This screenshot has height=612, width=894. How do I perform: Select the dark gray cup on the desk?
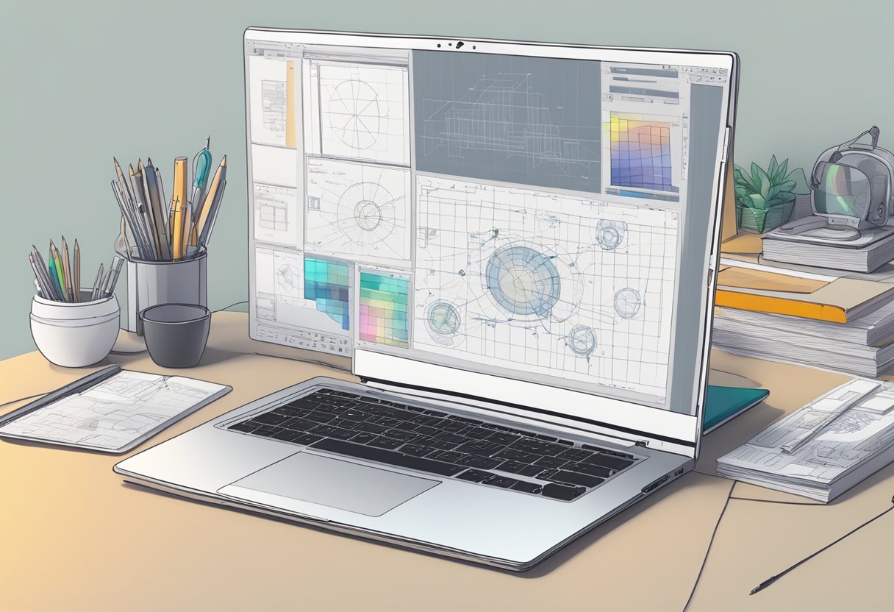175,334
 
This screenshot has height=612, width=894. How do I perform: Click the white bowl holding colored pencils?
74,328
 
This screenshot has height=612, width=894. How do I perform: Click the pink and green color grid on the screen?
384,309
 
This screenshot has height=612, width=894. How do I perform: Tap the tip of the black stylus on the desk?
754,591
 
